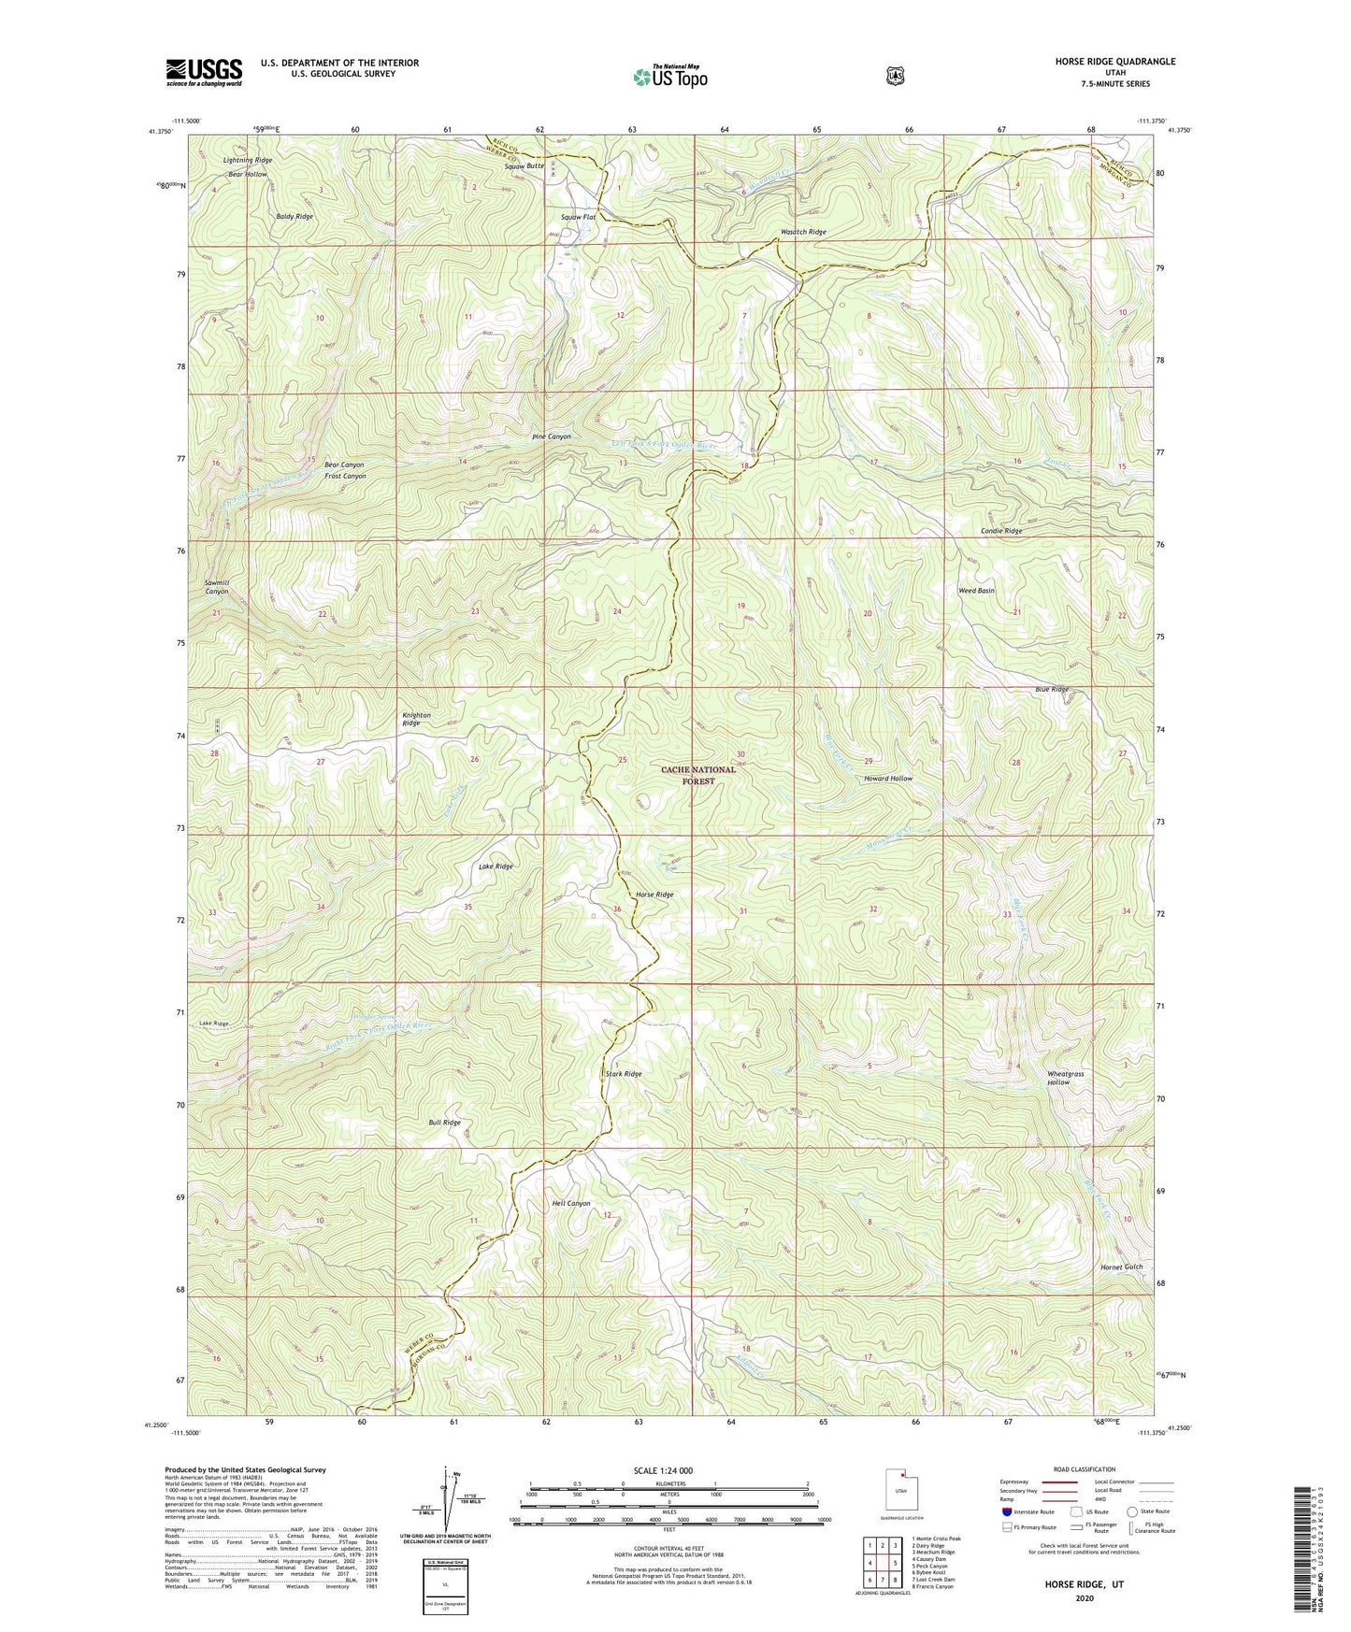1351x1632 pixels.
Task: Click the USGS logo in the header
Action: (x=204, y=71)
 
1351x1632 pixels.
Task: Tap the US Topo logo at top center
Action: (x=669, y=77)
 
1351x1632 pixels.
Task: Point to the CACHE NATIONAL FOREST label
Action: (x=698, y=775)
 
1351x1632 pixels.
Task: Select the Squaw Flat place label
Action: (x=578, y=217)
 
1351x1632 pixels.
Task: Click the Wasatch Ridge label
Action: (x=803, y=232)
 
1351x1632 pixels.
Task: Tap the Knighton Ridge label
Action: (x=416, y=719)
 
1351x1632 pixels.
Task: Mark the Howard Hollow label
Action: (x=887, y=779)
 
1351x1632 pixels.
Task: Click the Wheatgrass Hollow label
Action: (x=1065, y=1078)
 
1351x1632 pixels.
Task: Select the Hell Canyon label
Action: (x=570, y=1203)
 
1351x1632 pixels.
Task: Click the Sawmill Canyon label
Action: (x=216, y=587)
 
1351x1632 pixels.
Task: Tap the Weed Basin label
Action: (x=975, y=591)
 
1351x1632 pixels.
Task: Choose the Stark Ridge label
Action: (x=624, y=1074)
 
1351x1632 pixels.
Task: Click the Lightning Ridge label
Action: (x=248, y=161)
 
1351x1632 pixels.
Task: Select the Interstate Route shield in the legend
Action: (x=1006, y=1511)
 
